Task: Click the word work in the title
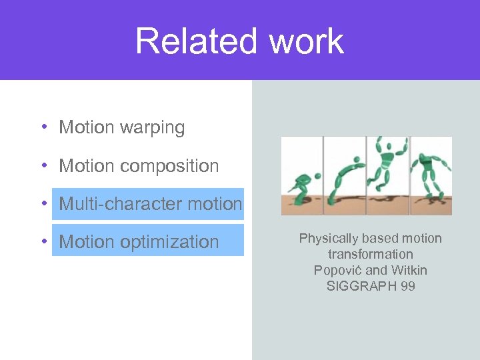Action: click(307, 41)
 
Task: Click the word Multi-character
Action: click(120, 204)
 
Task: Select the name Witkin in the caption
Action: click(409, 270)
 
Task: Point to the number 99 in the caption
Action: click(407, 286)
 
